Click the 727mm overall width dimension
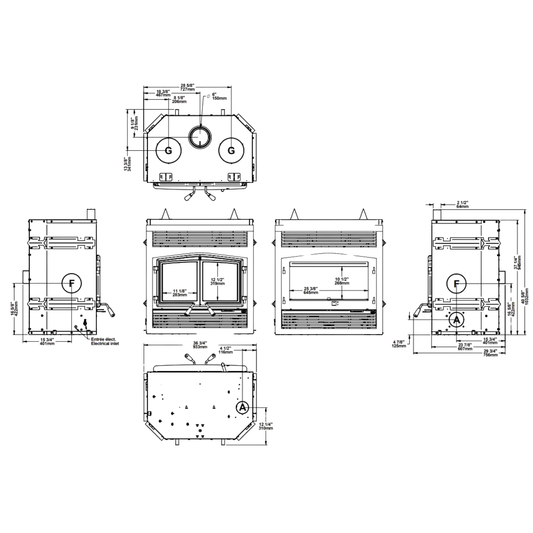(187, 87)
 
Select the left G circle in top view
(169, 150)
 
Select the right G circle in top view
(231, 150)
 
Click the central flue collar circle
(200, 137)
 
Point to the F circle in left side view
(72, 283)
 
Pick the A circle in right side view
(456, 320)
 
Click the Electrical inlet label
(105, 344)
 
